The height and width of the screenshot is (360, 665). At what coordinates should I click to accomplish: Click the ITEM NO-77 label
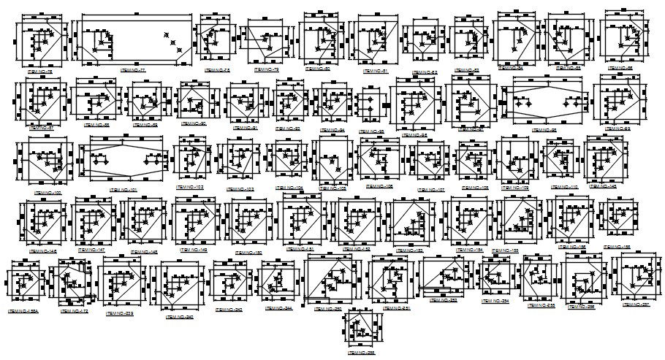[133, 69]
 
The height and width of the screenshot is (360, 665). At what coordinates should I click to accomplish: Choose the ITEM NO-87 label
[40, 128]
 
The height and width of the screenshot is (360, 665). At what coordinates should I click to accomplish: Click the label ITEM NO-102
[189, 187]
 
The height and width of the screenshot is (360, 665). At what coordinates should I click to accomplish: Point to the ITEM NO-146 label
[43, 250]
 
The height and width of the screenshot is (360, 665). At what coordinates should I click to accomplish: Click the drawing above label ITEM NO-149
[197, 221]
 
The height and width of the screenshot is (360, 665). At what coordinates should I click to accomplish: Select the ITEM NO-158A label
[24, 311]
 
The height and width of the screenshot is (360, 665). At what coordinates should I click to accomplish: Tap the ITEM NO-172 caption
[74, 312]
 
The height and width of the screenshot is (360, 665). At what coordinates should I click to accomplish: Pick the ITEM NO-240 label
[179, 317]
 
